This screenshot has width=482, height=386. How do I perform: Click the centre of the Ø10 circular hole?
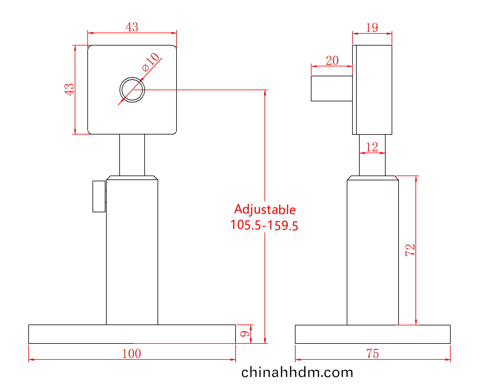[132, 90]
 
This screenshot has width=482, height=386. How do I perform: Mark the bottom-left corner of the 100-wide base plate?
[29, 343]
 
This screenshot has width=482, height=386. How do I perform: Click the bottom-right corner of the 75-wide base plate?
[450, 343]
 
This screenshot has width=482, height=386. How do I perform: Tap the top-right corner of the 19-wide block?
[392, 45]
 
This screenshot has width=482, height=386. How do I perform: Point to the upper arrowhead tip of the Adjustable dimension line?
[265, 90]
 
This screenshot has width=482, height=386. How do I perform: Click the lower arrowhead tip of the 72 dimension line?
[416, 324]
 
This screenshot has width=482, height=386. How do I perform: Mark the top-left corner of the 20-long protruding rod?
[311, 76]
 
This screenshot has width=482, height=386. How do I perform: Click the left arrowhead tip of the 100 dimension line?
[29, 359]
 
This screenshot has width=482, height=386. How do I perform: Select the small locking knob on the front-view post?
[99, 196]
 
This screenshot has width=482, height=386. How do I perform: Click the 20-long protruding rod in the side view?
[332, 88]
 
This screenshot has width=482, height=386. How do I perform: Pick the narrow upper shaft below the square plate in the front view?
[132, 155]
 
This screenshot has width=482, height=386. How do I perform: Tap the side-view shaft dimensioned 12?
[372, 155]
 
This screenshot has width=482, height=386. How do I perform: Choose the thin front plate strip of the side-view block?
[354, 90]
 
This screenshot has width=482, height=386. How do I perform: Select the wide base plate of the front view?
[132, 334]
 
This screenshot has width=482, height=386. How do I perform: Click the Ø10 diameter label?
[151, 62]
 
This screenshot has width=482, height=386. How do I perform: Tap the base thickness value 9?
[244, 334]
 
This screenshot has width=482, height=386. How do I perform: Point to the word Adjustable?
[265, 210]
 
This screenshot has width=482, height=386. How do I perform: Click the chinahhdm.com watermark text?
[297, 372]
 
